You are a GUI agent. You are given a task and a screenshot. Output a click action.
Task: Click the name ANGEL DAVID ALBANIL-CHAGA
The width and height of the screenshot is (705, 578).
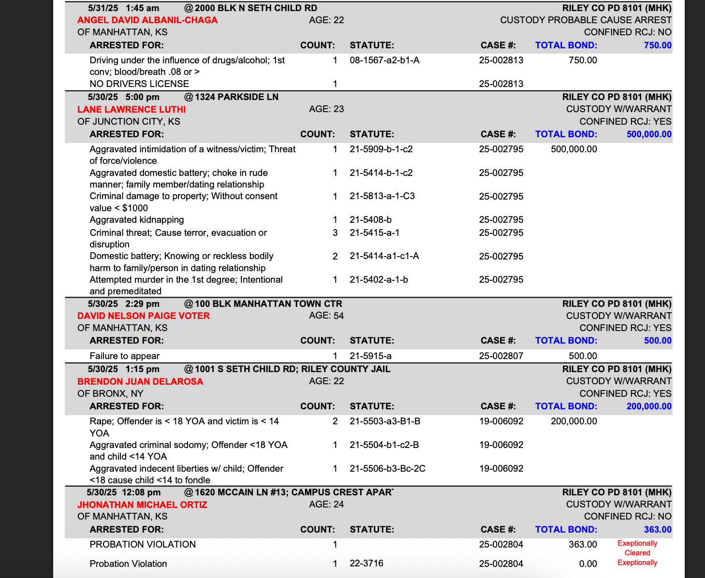point(147,20)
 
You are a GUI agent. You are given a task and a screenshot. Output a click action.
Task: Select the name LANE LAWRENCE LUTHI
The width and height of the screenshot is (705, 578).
point(132,110)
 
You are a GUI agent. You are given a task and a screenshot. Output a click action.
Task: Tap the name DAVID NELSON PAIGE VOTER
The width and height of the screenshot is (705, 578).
point(144,316)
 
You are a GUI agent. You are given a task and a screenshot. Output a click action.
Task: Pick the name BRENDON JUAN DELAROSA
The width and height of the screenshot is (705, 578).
point(140,381)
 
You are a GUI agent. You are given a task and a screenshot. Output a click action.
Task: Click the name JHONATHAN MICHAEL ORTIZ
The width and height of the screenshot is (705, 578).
point(142,505)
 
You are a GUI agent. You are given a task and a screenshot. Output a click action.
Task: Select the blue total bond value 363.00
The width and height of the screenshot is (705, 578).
point(658,530)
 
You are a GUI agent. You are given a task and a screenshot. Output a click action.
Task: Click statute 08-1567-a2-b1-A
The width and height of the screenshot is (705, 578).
point(384,60)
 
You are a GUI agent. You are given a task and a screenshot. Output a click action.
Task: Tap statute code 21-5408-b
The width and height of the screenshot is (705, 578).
point(370,220)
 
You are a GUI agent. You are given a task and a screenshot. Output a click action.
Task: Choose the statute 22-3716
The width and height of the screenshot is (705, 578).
point(367,564)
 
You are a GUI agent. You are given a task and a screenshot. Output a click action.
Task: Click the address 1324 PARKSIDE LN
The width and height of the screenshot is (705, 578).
point(236,97)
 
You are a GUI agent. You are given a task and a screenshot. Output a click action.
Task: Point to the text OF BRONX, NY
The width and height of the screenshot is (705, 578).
point(110,393)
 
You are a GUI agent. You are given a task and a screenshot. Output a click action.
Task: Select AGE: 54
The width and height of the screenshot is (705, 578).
point(326,316)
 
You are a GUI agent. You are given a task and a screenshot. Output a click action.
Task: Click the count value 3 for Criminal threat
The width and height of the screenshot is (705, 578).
point(335,233)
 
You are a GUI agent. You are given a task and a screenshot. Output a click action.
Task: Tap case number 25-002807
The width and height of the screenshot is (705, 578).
point(501,356)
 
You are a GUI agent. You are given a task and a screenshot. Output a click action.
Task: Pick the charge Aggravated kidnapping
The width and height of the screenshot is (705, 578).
point(137,220)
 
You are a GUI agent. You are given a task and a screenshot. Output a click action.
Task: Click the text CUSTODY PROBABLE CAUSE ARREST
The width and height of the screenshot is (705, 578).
point(586,20)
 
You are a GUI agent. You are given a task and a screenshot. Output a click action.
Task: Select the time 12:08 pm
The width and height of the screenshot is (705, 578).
point(141,492)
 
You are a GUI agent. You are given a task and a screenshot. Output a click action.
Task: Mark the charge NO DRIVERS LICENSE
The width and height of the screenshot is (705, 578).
point(139,84)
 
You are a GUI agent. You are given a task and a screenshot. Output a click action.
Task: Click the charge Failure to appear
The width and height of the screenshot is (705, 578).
point(125,356)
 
